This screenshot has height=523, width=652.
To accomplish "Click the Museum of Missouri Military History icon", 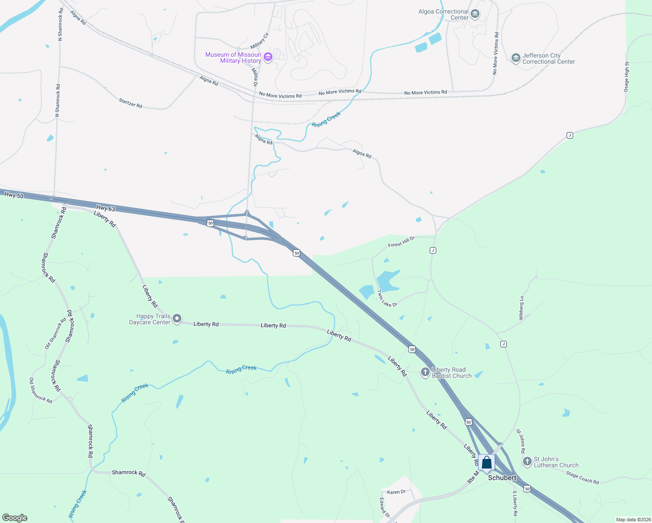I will pos(268,58).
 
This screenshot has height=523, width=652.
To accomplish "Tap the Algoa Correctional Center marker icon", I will pos(475,14).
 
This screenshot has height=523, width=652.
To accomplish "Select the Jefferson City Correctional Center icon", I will pos(516,58).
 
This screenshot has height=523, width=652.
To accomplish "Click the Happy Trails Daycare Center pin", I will pos(177,319).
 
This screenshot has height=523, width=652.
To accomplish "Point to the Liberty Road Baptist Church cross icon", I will pos(425,373).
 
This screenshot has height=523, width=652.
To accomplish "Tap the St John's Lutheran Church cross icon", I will pos(527,461).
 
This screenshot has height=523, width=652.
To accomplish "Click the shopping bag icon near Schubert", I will pos(486,463).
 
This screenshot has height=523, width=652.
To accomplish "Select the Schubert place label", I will pos(502,478).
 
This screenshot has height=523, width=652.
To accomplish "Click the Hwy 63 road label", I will pos(105,209).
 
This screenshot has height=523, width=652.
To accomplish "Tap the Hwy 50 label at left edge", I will pos(14,195).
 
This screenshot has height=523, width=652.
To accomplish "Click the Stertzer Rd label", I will pos(130,103).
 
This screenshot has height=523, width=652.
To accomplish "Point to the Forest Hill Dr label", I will pos(401,241).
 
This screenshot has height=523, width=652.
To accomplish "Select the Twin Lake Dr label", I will pos(387,299).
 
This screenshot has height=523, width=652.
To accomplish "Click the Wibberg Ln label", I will pos(521,308).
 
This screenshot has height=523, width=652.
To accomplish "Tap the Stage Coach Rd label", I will pos(582,478).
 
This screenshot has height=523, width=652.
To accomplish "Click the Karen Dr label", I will pos(396,492).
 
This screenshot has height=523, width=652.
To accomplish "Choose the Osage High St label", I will pos(627,77).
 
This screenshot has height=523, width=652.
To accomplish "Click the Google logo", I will pos(15,518).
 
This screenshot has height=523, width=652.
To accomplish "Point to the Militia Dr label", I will pos(255,78).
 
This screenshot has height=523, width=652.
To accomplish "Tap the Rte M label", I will pos(472,476).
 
